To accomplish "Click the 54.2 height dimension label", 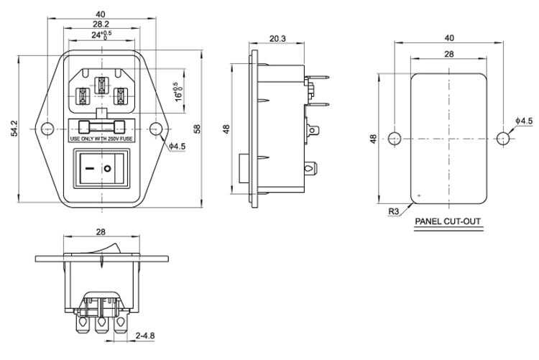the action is point(14,128).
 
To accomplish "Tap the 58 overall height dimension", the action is point(198,129).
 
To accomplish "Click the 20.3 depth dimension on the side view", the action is point(277,39).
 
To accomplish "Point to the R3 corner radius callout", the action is point(394,211).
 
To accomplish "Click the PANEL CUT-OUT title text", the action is point(448,221).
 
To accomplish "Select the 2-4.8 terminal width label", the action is point(145,336).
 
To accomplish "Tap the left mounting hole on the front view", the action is point(47,129).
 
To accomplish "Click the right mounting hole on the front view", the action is point(155,129).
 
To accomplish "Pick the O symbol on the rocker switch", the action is point(108,168).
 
